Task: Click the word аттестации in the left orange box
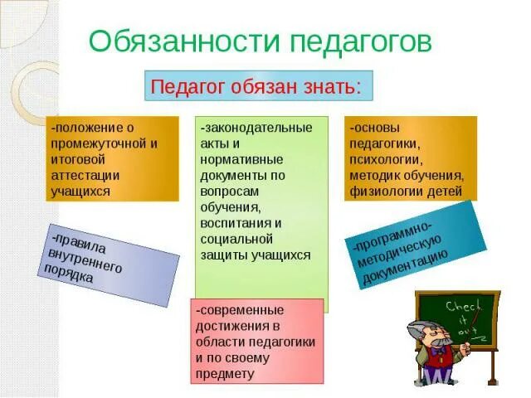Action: point(85,175)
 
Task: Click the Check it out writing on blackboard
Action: point(463,319)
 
